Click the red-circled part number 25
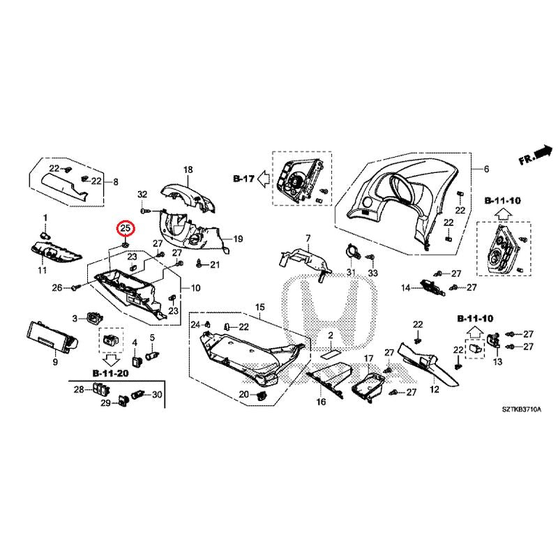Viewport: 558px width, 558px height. tap(126, 228)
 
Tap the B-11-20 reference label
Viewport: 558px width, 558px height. tap(110, 374)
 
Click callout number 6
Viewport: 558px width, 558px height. tap(487, 170)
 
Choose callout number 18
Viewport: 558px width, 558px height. tap(187, 170)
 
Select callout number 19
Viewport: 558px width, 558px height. tap(237, 239)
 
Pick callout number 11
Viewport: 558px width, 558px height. tap(42, 270)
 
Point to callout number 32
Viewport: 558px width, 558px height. tap(142, 193)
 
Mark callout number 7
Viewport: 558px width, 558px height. tap(308, 239)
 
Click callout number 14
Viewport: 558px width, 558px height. tap(405, 288)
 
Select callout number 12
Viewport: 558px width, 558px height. tap(434, 389)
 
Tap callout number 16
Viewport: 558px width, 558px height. tap(321, 402)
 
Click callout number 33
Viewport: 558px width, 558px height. tap(372, 271)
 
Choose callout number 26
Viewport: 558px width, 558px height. tap(56, 287)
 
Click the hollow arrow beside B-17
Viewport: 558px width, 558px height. tap(263, 179)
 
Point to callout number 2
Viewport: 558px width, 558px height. tap(332, 335)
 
